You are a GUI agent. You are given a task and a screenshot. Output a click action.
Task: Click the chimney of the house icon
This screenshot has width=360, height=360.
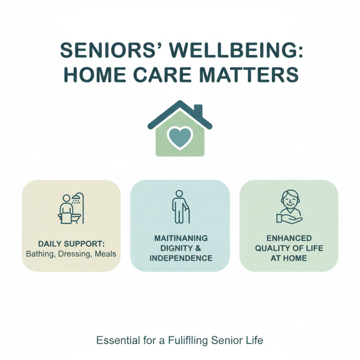pos(198,110)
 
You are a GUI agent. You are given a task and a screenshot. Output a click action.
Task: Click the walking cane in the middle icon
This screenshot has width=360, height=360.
pos(188,215)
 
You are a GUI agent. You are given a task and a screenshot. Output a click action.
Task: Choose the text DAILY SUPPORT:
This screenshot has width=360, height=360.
pos(71,243)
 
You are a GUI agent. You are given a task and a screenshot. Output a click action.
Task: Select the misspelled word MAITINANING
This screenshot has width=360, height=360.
pos(180,238)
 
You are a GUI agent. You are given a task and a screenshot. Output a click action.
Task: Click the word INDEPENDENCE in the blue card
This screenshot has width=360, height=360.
pos(180,258)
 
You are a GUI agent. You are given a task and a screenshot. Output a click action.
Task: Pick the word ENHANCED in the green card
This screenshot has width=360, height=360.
pos(288,238)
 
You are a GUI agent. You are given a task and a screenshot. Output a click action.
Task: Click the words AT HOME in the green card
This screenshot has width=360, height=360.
pos(288,258)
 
